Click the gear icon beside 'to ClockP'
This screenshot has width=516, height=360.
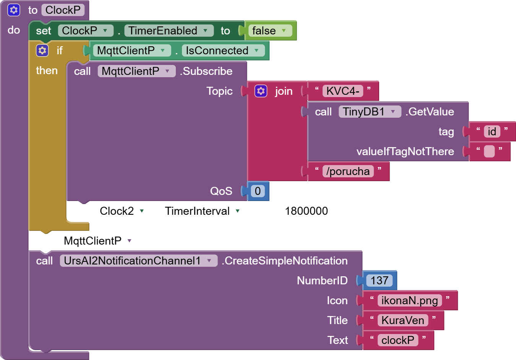pos(14,10)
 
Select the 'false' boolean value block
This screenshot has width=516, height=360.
pos(264,31)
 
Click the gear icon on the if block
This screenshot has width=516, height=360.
pos(42,50)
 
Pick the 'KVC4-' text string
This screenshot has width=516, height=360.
pos(342,91)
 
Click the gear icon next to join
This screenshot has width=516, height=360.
pos(261,91)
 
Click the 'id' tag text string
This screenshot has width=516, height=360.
pos(492,131)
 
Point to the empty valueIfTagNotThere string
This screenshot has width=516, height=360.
pos(489,151)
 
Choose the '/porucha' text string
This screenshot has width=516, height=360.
pos(348,171)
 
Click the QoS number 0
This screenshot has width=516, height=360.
pos(258,191)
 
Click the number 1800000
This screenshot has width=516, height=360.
pos(306,211)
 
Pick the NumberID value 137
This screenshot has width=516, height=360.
pos(379,281)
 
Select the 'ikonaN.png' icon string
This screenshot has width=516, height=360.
pos(409,300)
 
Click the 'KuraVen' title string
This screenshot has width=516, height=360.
pos(402,320)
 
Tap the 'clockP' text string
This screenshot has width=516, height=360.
pos(398,340)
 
